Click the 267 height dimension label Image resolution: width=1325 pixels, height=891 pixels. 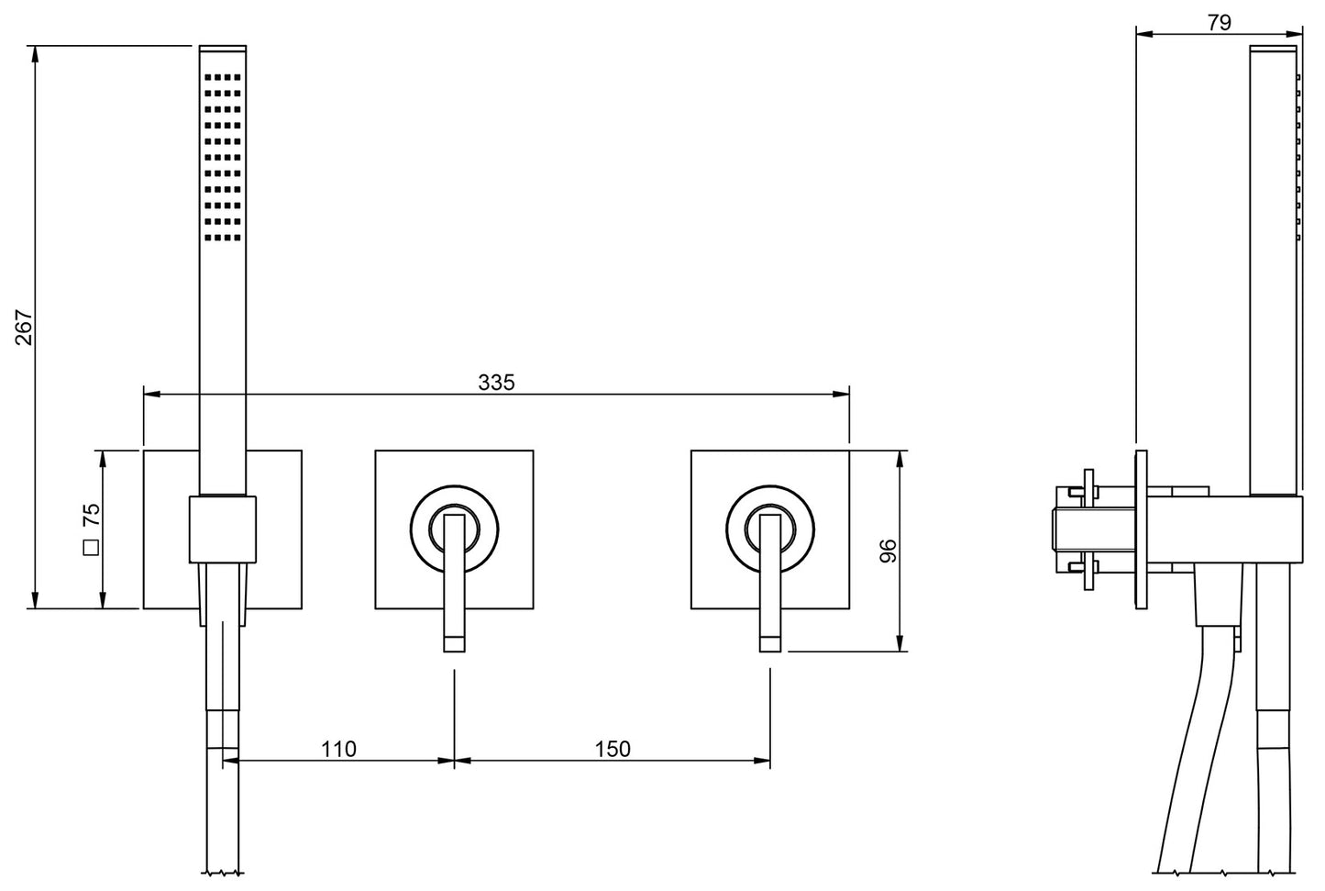pos(24,328)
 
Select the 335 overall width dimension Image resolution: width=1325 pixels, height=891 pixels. pos(496,382)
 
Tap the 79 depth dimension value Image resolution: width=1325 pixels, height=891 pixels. pos(1219,23)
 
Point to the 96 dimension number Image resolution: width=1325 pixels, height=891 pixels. pos(888,551)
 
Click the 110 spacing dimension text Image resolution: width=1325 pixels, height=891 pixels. pos(338,749)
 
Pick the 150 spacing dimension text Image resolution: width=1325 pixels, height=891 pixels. pos(613,749)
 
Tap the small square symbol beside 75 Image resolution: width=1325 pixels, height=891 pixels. pos(91,549)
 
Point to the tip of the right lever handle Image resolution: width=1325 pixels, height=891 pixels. pos(769,642)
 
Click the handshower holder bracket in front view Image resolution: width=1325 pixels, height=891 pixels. pos(223,529)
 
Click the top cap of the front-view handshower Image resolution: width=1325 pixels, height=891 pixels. pos(223,47)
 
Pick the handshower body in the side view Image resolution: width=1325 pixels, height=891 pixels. pos(1274,275)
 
